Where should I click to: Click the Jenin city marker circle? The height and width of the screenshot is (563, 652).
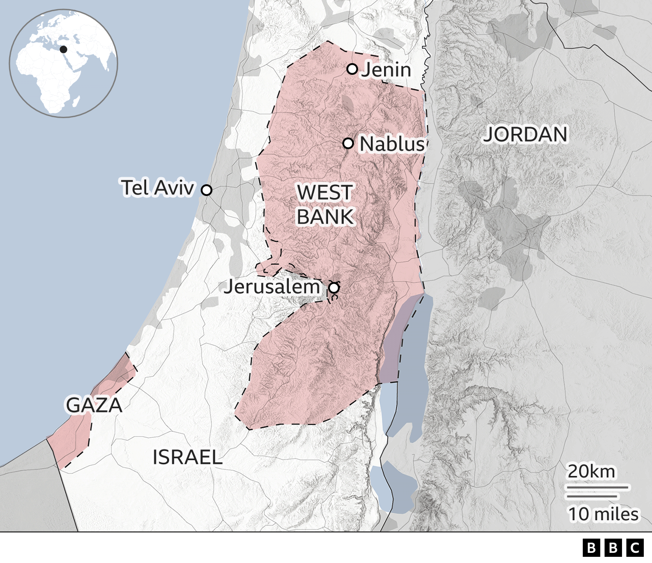(x=352, y=69)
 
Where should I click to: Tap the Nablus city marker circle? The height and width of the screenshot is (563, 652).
(x=348, y=143)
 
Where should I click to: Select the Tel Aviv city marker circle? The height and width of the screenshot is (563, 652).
(x=206, y=190)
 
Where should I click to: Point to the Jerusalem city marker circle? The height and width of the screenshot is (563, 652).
(x=334, y=288)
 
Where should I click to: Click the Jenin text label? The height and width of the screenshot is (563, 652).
(x=386, y=70)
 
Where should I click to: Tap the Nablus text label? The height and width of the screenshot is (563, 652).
(x=392, y=144)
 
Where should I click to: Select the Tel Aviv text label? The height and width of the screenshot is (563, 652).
(x=157, y=188)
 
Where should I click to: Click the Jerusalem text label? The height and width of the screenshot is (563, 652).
(x=271, y=287)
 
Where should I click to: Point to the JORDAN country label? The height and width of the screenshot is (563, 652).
(x=525, y=134)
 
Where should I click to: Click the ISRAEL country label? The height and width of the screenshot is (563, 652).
(x=187, y=457)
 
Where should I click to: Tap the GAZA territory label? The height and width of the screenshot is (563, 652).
(x=94, y=405)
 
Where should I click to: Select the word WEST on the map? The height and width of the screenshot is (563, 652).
(x=324, y=193)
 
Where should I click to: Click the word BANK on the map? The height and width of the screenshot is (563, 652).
(x=324, y=217)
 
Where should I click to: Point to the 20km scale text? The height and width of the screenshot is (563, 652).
(x=591, y=471)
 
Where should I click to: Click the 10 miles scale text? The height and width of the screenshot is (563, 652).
(x=603, y=514)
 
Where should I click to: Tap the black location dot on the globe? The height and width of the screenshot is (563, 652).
(x=64, y=49)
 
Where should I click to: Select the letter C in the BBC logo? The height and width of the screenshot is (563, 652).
(x=635, y=548)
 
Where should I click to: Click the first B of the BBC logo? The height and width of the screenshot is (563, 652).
(x=591, y=548)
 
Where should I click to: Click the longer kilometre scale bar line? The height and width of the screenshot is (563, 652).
(x=597, y=487)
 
